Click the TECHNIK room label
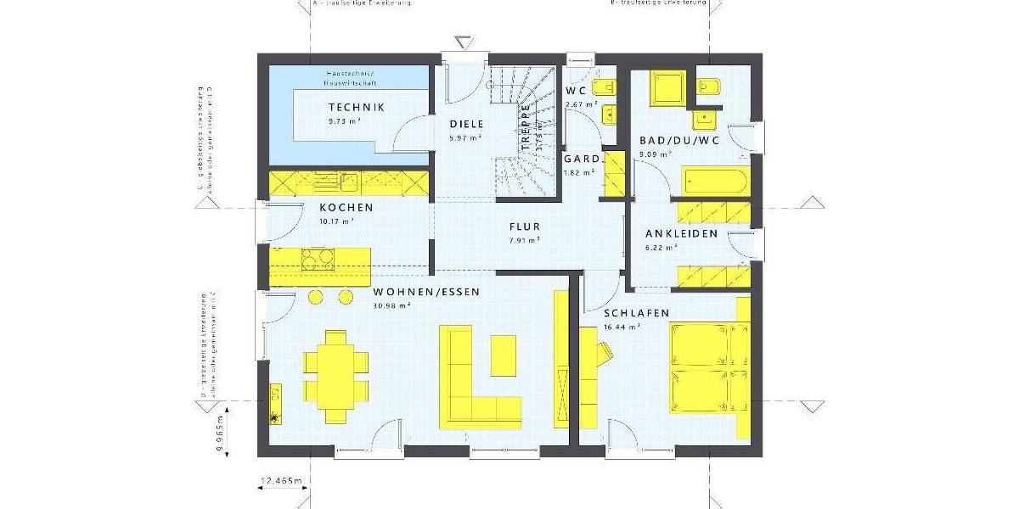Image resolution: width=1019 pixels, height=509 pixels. point(357,107)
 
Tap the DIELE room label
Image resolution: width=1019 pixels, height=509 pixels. point(465,125)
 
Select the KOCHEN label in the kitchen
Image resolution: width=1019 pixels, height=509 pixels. point(346,208)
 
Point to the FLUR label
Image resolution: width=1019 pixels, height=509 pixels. point(525,227)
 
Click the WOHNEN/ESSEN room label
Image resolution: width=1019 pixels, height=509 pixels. point(426,292)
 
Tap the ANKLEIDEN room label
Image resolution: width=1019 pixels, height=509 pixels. point(681,233)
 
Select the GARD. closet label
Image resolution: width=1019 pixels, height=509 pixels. point(582,159)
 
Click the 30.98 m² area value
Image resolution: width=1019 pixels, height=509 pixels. point(391,305)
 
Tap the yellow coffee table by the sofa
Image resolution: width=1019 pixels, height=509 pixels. point(503,355)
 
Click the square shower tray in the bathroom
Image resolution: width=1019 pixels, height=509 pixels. point(666,87)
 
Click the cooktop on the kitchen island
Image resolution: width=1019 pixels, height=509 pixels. point(318,260)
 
